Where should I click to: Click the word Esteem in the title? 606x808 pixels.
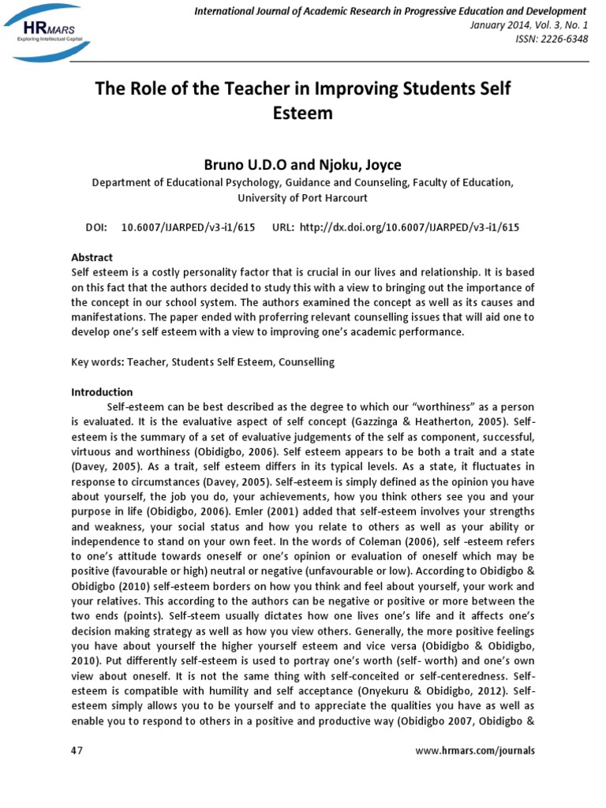coord(303,113)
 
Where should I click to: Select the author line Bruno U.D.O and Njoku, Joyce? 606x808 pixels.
coord(303,164)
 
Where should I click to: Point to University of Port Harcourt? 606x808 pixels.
coord(303,197)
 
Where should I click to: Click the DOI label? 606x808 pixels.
coord(95,226)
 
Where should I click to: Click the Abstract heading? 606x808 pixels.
coord(92,257)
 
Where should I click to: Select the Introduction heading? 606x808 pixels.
coord(103,391)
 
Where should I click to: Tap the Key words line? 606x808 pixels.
coord(203,361)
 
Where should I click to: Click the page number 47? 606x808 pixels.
coord(77,750)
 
